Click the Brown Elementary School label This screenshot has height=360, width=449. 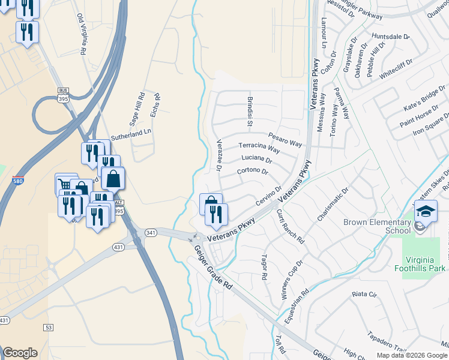(377, 226)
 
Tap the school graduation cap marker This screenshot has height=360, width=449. (426, 212)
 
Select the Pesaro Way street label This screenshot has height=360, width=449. (285, 140)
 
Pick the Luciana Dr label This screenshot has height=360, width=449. (256, 159)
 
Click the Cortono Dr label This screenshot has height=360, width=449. (252, 171)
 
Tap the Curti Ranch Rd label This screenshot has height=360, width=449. (291, 226)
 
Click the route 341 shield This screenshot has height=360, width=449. (151, 232)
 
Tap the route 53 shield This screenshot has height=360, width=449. (49, 327)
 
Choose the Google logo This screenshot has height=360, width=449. (20, 353)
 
